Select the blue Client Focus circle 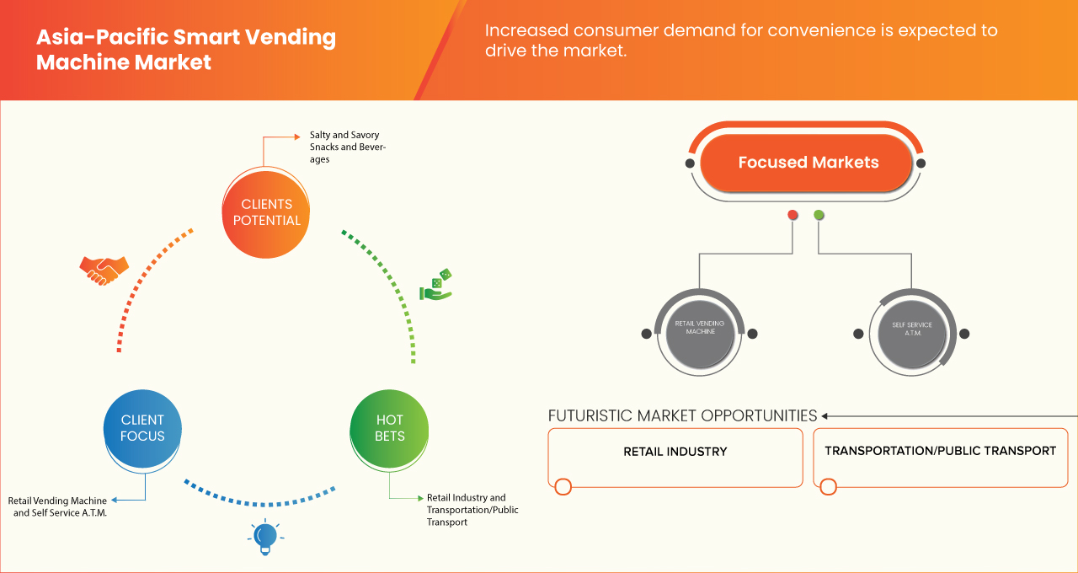(x=142, y=427)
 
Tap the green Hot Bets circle (x=390, y=427)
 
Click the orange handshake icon (x=104, y=270)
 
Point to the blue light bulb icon (x=265, y=537)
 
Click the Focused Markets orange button (x=808, y=163)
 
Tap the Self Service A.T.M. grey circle (x=911, y=329)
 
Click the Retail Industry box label (x=675, y=452)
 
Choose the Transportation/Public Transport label (x=940, y=451)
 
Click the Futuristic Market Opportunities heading (x=682, y=415)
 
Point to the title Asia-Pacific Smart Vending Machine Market (x=185, y=50)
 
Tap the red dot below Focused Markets (x=792, y=216)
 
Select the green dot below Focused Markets (x=819, y=216)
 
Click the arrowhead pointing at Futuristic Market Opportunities (x=825, y=415)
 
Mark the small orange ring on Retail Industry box (x=563, y=486)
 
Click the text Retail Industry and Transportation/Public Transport (x=472, y=510)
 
